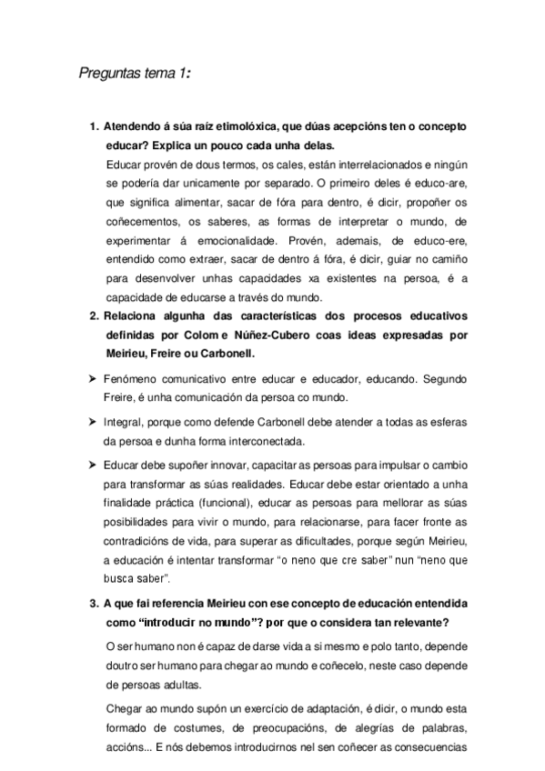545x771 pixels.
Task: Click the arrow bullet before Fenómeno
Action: click(93, 380)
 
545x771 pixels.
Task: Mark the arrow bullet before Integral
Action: click(93, 423)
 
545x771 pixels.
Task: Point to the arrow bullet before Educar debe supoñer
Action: click(93, 466)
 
